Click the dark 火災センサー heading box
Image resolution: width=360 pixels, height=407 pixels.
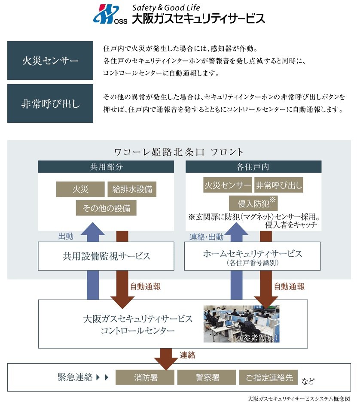pos(50,61)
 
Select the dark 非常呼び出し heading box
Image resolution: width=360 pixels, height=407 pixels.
pos(50,103)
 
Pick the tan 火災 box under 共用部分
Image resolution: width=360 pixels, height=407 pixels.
pos(80,189)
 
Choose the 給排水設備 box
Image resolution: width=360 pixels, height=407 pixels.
pos(132,189)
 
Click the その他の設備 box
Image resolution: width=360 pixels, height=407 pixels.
pos(106,208)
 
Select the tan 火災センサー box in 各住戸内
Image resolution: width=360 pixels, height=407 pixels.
pos(228,186)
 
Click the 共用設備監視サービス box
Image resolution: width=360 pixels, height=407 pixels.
pos(106,256)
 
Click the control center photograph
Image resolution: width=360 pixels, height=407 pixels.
pos(241,324)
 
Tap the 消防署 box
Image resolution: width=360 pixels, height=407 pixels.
pos(146,377)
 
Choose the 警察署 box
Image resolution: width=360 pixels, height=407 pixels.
pos(207,377)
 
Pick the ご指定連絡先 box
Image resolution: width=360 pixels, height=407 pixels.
pos(268,377)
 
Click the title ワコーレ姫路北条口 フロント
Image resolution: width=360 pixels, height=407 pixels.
pos(179,152)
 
